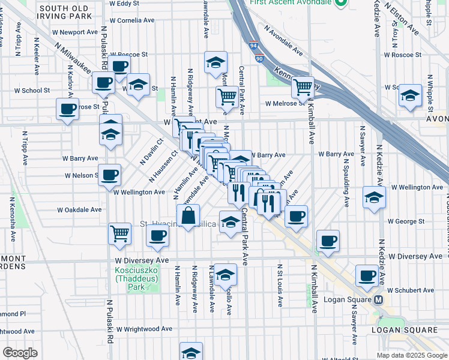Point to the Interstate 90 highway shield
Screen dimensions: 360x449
259,59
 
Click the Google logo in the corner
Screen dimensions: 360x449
20,352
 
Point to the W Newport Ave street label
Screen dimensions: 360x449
75,32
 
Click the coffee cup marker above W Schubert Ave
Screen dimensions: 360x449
366,276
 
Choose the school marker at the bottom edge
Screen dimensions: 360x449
191,352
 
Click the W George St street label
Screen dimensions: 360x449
406,221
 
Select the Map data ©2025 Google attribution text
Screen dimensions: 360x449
412,355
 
